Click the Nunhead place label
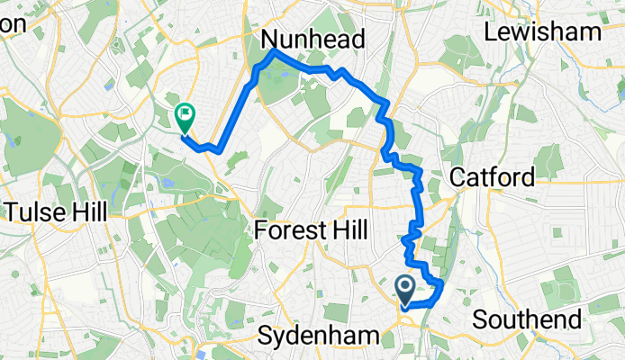coord(312,40)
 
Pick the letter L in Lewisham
coord(492,32)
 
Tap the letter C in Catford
coord(457,176)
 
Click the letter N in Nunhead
coord(270,40)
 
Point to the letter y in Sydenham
coord(283,338)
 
